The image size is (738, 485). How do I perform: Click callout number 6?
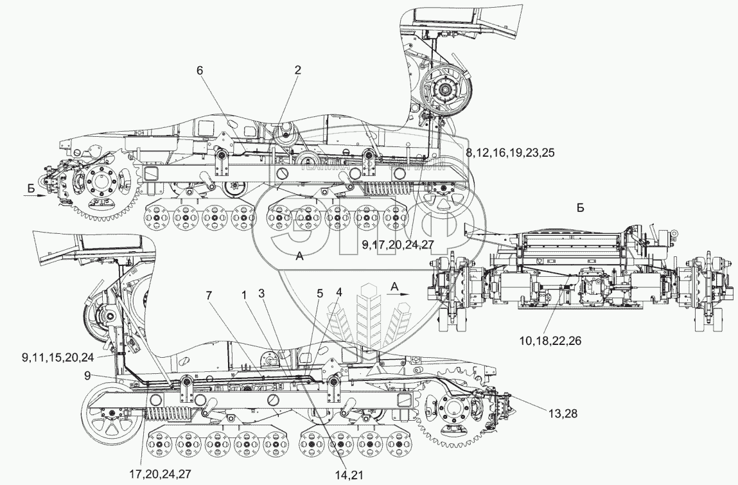coord(200,71)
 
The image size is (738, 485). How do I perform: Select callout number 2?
coord(297,71)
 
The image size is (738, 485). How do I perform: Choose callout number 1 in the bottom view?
coord(244,294)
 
